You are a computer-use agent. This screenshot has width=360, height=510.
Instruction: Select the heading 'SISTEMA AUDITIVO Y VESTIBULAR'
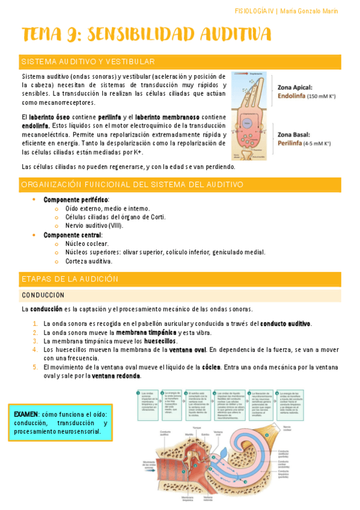[x=88, y=62]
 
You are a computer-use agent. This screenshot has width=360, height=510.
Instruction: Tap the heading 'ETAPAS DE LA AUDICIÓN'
[x=69, y=279]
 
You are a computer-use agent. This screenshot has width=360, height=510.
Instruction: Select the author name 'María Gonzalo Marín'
[x=310, y=11]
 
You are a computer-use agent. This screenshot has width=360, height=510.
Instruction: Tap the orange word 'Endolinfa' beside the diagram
[x=291, y=95]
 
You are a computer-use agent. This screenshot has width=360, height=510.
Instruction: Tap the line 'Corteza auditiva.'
[x=89, y=261]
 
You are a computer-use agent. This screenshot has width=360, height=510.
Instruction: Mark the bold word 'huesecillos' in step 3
[x=160, y=341]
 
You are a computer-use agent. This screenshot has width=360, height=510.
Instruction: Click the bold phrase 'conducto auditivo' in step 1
[x=285, y=324]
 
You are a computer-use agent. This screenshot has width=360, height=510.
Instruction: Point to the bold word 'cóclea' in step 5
[x=210, y=367]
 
